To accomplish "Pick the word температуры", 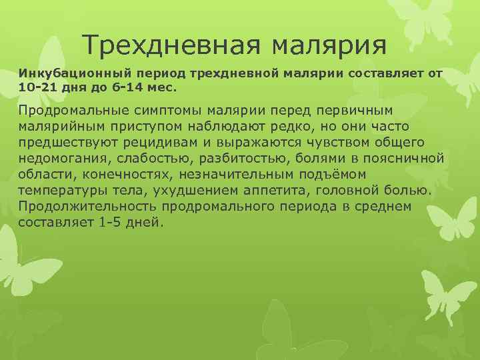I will [x=63, y=191].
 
